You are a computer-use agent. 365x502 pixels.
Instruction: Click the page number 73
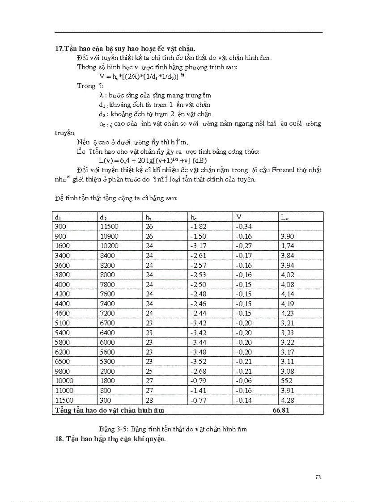click(x=318, y=477)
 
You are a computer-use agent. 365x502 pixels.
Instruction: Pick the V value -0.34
click(x=243, y=227)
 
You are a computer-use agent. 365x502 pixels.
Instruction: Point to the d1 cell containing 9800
click(x=62, y=371)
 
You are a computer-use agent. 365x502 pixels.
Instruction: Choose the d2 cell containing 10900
click(x=108, y=236)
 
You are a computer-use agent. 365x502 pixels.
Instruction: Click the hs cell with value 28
click(x=149, y=400)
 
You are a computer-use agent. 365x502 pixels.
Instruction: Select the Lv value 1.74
click(x=287, y=246)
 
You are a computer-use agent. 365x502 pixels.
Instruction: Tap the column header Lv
click(x=284, y=217)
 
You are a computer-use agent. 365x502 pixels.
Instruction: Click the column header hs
click(x=149, y=217)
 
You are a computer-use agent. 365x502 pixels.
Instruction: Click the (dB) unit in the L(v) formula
click(x=199, y=160)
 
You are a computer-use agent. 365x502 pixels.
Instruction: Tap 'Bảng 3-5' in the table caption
click(x=112, y=429)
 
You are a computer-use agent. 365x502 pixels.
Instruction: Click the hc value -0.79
click(x=198, y=381)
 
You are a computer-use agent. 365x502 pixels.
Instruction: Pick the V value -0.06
click(x=243, y=381)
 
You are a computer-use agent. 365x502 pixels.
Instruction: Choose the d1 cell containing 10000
click(x=63, y=381)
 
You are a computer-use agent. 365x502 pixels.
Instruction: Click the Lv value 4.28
click(x=287, y=400)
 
